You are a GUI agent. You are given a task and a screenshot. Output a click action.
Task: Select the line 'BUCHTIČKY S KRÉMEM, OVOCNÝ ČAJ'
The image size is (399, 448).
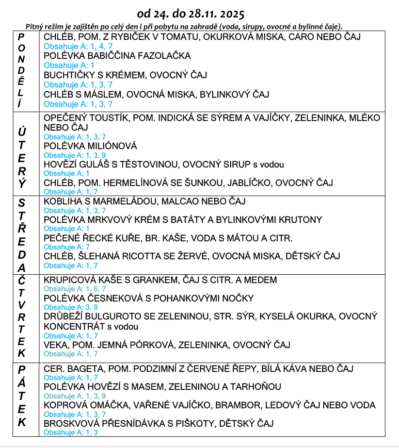(x=125, y=75)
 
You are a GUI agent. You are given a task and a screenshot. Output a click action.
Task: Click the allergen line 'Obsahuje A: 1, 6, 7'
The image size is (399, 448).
(x=75, y=289)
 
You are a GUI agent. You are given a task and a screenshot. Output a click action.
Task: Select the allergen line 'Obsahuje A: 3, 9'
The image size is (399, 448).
(x=71, y=307)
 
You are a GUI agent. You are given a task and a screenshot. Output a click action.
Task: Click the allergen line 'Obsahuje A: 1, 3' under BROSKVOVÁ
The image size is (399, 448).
(x=71, y=432)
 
